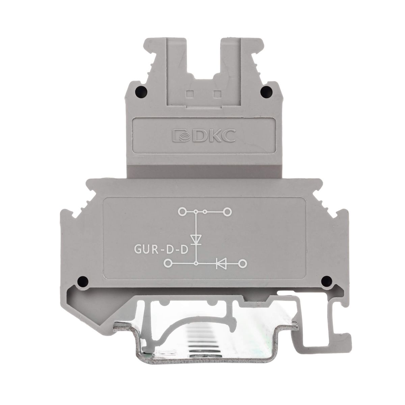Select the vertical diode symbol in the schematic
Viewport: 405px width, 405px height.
click(x=196, y=240)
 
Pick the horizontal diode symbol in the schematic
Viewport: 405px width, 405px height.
click(x=221, y=263)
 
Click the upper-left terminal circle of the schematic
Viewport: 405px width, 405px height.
click(x=182, y=212)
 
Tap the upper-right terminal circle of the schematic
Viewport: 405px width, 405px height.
click(x=227, y=212)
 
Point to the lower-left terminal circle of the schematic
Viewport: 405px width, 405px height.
click(x=168, y=263)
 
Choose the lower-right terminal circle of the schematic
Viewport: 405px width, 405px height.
click(x=242, y=263)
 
